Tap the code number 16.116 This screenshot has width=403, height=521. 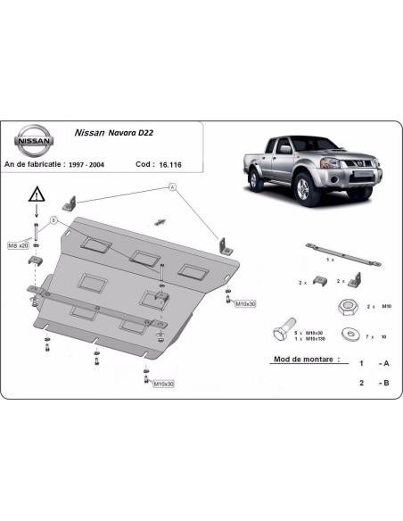point(163,164)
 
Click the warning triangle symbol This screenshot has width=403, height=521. point(35,194)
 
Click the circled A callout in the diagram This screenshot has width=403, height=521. point(171,187)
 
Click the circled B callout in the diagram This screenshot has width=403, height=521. point(54,219)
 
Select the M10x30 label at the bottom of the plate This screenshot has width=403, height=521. point(161,384)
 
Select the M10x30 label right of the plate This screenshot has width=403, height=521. point(246,305)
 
